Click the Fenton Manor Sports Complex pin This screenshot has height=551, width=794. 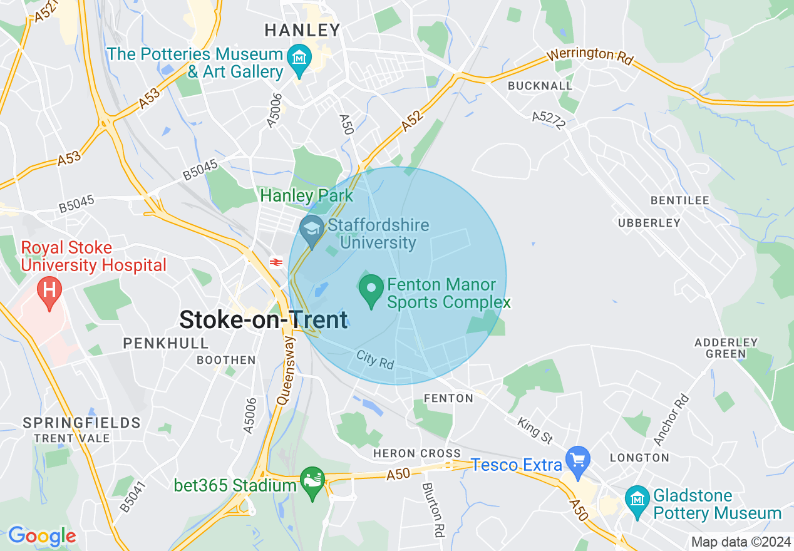[372, 289]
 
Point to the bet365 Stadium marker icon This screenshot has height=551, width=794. [312, 481]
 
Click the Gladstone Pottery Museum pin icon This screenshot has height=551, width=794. [637, 500]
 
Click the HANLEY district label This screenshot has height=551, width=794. [302, 30]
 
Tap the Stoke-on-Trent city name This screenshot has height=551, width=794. [263, 320]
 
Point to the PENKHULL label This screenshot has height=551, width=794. [166, 343]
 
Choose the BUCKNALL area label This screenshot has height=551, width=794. [540, 85]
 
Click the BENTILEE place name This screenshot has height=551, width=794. [679, 200]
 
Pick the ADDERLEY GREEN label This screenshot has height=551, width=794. [726, 348]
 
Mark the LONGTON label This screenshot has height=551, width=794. [639, 458]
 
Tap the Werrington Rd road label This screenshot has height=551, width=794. [590, 55]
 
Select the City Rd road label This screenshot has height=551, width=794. [375, 358]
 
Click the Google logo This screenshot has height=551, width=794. [41, 536]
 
